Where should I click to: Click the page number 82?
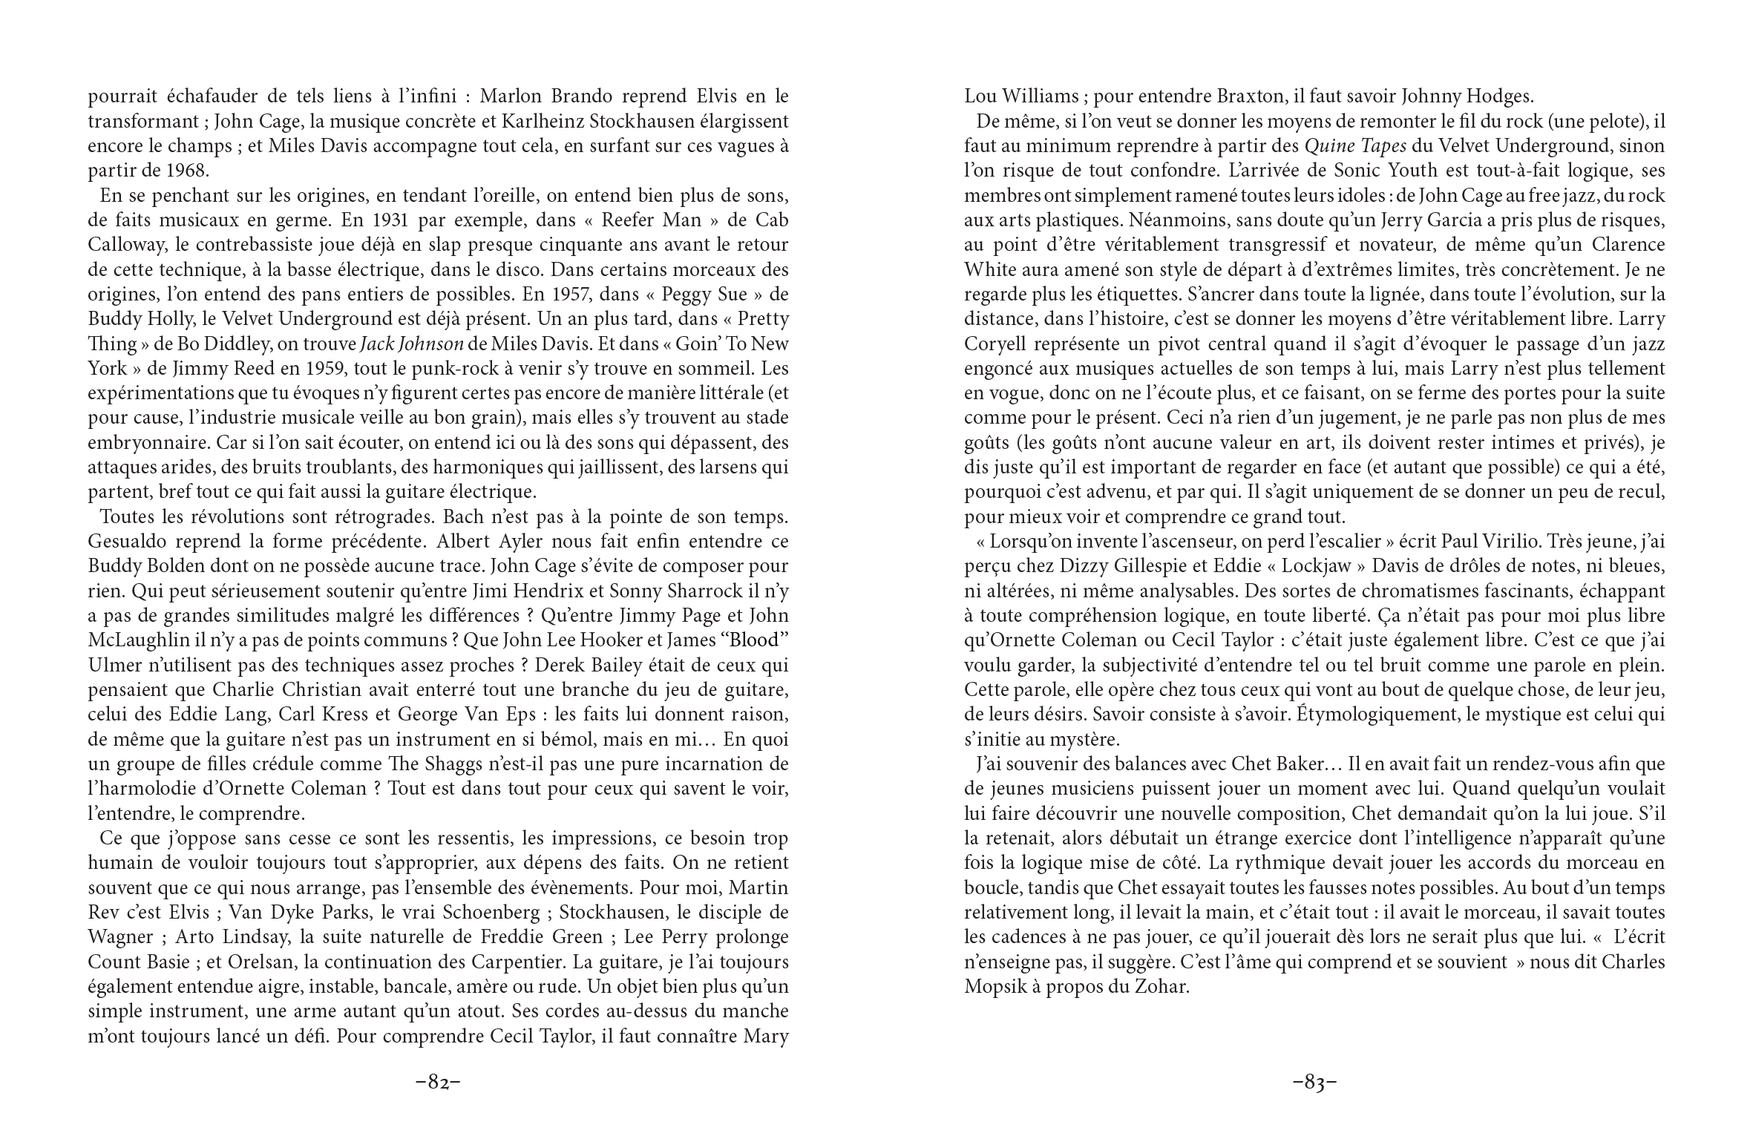pyautogui.click(x=438, y=1083)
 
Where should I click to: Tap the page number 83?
pyautogui.click(x=1314, y=1083)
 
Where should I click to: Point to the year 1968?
pyautogui.click(x=185, y=171)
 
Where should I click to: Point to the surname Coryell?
pyautogui.click(x=997, y=344)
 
